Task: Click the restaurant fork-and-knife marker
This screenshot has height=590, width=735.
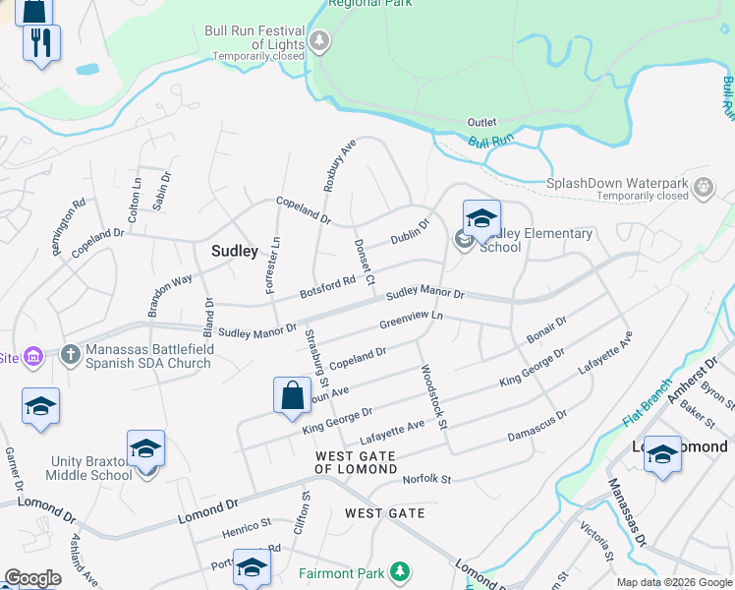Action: pyautogui.click(x=41, y=43)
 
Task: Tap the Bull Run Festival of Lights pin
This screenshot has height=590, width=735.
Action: pyautogui.click(x=319, y=41)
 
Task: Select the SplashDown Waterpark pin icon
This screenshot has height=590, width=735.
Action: pyautogui.click(x=704, y=186)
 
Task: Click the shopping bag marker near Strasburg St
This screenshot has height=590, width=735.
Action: pyautogui.click(x=293, y=396)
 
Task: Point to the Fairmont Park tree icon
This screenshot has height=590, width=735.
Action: pyautogui.click(x=399, y=571)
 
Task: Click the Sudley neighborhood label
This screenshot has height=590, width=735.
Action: pyautogui.click(x=235, y=252)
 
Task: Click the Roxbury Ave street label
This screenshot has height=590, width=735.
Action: pyautogui.click(x=339, y=165)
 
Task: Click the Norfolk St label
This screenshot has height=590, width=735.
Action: pyautogui.click(x=426, y=480)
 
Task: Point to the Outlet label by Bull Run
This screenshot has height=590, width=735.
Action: pyautogui.click(x=481, y=122)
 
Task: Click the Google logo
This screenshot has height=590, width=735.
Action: pyautogui.click(x=32, y=578)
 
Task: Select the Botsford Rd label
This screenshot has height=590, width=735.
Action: pyautogui.click(x=327, y=287)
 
